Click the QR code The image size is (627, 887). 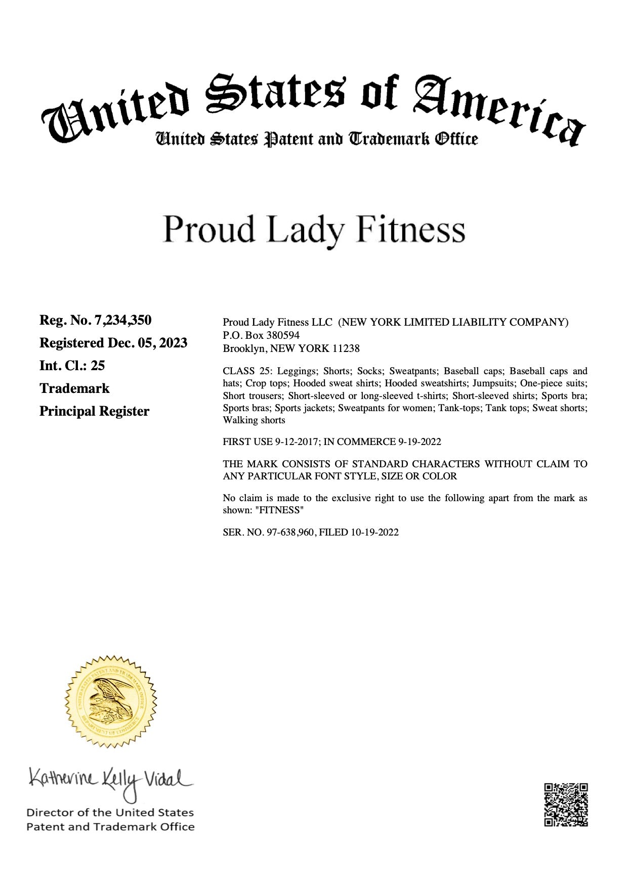(x=566, y=805)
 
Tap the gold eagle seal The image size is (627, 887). (x=111, y=701)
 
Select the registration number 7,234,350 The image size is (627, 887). (x=123, y=320)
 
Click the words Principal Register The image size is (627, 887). (x=94, y=411)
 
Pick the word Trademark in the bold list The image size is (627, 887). (x=74, y=388)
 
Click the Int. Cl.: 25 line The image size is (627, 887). (x=72, y=366)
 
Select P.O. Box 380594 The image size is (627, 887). (x=261, y=335)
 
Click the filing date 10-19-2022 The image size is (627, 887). (x=374, y=532)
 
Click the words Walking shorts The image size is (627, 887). (x=254, y=420)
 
